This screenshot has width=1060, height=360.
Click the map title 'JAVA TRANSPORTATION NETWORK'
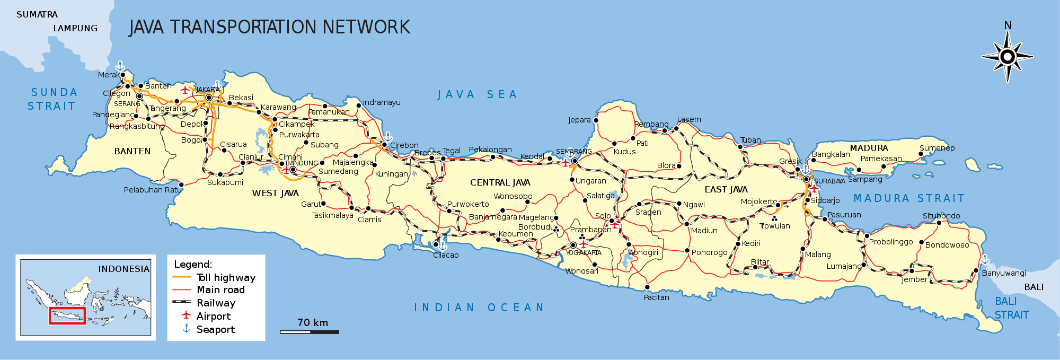point(269,27)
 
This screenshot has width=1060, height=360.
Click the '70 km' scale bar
point(310,331)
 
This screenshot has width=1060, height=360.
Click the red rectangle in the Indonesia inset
point(67,315)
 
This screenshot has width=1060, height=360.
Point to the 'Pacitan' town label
point(656,297)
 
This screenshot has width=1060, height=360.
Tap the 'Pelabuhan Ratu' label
point(153,190)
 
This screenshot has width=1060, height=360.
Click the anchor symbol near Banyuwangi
point(985,260)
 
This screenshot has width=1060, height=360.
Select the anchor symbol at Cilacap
point(443,246)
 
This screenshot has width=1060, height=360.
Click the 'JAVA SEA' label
point(477,95)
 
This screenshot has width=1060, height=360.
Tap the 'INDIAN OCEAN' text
point(479,308)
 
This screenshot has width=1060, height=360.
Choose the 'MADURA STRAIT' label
point(908,198)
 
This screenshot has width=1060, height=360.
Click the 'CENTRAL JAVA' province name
point(500,182)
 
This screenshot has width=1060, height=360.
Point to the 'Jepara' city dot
point(596,120)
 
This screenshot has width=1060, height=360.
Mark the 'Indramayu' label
point(382,102)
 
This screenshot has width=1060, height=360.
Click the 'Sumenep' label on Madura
point(937,148)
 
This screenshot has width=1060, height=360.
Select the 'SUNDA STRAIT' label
point(53,99)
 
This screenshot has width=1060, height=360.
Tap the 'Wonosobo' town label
point(513,196)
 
